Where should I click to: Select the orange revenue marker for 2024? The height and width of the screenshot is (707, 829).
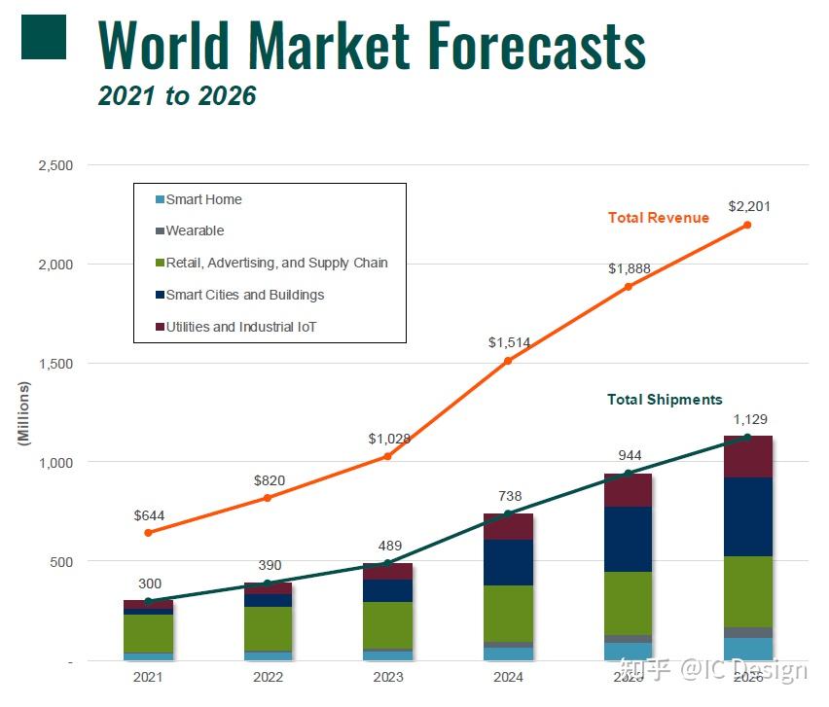(507, 361)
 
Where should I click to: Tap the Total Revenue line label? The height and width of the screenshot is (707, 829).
(658, 218)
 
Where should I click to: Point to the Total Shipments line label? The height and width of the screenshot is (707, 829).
(665, 400)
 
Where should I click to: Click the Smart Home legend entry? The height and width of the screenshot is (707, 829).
(203, 199)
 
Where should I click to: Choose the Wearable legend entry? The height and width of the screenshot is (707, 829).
(195, 230)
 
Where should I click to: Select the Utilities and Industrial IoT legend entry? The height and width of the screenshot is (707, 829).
(240, 327)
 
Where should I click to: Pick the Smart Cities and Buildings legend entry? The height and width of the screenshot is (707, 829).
(244, 295)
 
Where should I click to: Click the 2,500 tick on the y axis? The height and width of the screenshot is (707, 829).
(55, 165)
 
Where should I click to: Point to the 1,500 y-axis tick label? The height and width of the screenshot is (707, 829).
(55, 364)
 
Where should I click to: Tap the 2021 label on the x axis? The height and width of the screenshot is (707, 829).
(148, 677)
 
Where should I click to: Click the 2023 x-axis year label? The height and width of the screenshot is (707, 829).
(387, 677)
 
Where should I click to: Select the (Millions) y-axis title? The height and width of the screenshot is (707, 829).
(24, 413)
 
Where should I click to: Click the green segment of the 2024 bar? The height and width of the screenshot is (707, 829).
(508, 613)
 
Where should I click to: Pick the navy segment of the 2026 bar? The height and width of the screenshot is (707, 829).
(747, 515)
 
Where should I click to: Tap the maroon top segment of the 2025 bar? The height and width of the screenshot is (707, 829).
(628, 490)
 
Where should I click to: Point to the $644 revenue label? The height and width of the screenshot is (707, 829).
(149, 514)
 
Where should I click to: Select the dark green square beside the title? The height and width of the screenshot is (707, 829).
(43, 36)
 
